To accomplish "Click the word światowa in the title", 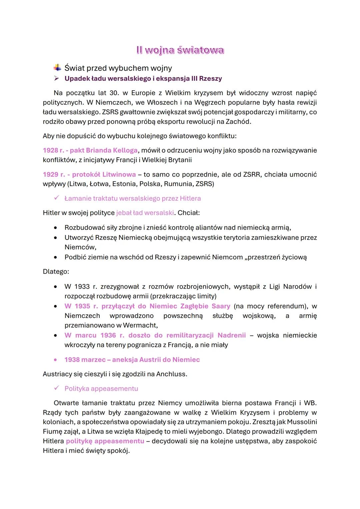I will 200,50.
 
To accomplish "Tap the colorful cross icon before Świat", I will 57,68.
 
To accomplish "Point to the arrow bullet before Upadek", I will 57,79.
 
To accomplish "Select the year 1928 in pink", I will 50,150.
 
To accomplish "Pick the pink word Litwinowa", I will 119,174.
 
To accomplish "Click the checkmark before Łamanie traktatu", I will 57,198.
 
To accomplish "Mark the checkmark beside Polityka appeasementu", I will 57,388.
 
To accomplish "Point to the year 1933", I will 82,287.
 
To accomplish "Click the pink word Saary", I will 221,306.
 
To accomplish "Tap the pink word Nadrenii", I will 231,335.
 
